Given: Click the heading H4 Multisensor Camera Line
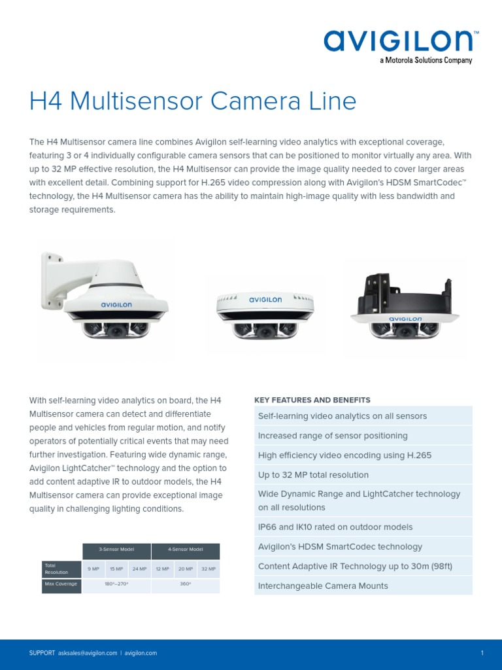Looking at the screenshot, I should pyautogui.click(x=193, y=101).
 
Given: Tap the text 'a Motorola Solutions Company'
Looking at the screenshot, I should pyautogui.click(x=426, y=61).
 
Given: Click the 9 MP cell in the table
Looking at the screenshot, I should pyautogui.click(x=93, y=569).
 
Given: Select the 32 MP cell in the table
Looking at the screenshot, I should pyautogui.click(x=209, y=569).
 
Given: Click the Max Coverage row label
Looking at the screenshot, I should pyautogui.click(x=61, y=584).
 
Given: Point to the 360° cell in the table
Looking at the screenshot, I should pyautogui.click(x=186, y=584).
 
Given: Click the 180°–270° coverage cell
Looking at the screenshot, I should pyautogui.click(x=116, y=584).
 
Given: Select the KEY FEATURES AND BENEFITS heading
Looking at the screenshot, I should pyautogui.click(x=312, y=400).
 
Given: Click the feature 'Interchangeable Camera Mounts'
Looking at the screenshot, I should pyautogui.click(x=323, y=586).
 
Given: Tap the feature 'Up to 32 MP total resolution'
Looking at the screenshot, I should pyautogui.click(x=313, y=474).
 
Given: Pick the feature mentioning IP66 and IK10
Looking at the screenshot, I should pyautogui.click(x=335, y=527).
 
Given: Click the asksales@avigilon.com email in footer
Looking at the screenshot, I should pyautogui.click(x=88, y=653).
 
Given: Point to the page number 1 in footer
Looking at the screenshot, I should pyautogui.click(x=482, y=653).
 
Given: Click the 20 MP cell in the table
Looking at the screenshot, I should pyautogui.click(x=186, y=569).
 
